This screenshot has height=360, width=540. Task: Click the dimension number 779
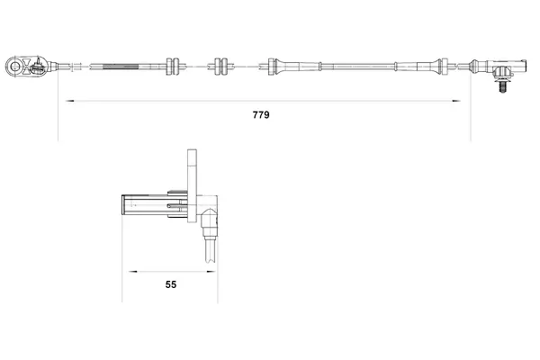coord(262,115)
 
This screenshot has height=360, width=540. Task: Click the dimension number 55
coord(170,284)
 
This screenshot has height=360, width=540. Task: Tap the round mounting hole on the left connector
coord(15,65)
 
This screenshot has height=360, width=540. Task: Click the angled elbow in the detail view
coord(207,218)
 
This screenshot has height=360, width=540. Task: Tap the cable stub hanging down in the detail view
coord(210,249)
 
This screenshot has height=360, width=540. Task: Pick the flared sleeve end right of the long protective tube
coord(441,65)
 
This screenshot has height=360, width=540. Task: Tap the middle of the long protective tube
coord(358,65)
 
